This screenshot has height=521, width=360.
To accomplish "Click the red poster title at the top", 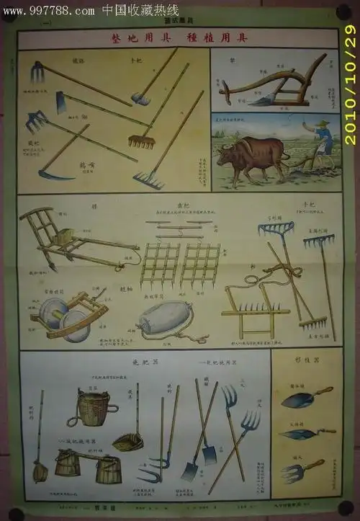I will (178, 38).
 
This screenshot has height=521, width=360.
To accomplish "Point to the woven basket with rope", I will (96, 408).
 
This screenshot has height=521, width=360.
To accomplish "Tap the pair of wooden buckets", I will (87, 466).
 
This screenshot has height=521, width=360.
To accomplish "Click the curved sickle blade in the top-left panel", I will (54, 174).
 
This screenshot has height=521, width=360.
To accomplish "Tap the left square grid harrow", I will (159, 264).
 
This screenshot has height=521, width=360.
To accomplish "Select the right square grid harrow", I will (200, 264).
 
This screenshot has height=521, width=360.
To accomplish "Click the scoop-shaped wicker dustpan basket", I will (127, 442).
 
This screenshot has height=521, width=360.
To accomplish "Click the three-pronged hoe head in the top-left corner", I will (37, 71).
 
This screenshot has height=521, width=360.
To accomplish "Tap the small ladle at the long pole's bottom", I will (40, 471).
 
